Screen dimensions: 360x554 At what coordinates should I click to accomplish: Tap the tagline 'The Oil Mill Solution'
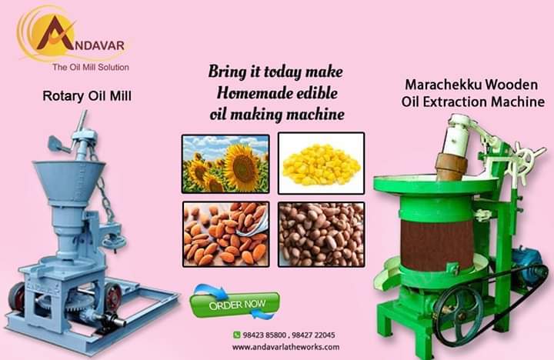coord(90,68)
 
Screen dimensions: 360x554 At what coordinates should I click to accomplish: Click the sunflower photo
coord(225,163)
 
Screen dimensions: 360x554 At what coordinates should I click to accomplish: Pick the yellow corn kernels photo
coord(321,163)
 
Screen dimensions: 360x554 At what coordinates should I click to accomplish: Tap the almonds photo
coord(225,234)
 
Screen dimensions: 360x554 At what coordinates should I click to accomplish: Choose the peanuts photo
coord(321,234)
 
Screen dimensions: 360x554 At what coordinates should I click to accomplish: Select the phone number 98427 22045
coord(314,335)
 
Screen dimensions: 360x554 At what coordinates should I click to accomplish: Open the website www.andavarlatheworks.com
coord(285,347)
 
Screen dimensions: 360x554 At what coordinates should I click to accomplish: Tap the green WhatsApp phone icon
coord(237,335)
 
